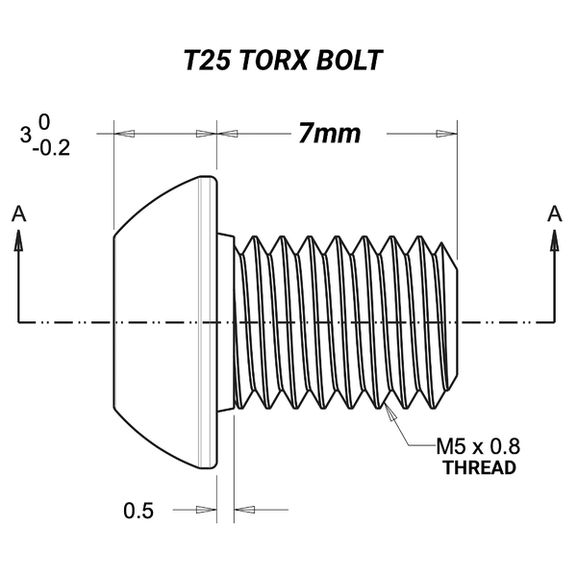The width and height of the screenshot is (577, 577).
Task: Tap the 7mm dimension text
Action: [x=330, y=134]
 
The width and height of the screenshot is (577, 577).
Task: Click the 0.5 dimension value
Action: [x=138, y=511]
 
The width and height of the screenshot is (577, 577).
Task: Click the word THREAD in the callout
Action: [x=478, y=468]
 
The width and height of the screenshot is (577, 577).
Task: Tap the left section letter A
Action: [x=17, y=213]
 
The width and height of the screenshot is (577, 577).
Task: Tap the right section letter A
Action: [x=554, y=213]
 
